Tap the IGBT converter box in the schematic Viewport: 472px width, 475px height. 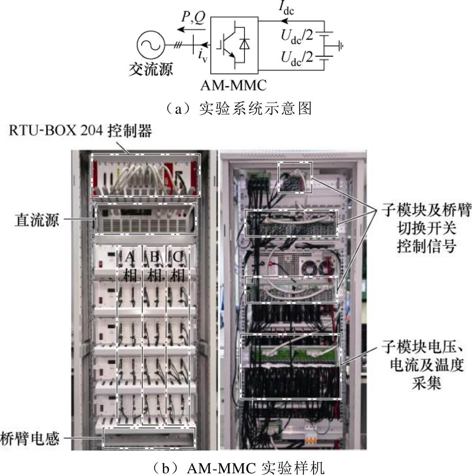(234, 45)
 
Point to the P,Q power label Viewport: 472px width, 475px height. (193, 17)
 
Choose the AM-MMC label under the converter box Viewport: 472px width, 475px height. (234, 85)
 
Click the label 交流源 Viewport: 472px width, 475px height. (151, 69)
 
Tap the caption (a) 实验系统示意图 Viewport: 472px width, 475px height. (238, 108)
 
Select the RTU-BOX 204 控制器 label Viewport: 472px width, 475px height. (80, 131)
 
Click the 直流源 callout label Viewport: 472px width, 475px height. (37, 220)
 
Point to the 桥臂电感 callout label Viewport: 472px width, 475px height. (30, 438)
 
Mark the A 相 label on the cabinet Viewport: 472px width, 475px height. (130, 266)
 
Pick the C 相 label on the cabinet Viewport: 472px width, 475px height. (177, 266)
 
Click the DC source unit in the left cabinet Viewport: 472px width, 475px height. (146, 219)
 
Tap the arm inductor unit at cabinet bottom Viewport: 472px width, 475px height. (149, 438)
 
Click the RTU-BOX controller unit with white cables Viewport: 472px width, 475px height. (146, 175)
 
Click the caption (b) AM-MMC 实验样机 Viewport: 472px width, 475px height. (238, 468)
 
